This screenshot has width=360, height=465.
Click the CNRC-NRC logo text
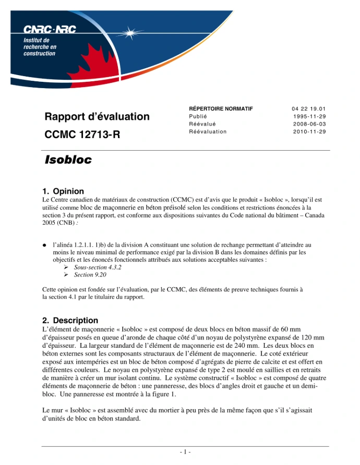[x=50, y=31]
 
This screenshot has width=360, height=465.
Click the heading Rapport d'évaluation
[x=97, y=117]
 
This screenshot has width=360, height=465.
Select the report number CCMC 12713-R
[x=82, y=135]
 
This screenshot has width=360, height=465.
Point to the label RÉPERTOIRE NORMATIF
[x=221, y=108]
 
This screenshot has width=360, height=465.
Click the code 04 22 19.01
[x=309, y=108]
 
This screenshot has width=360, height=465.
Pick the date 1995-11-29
[x=309, y=116]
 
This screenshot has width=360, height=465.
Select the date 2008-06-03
[x=309, y=124]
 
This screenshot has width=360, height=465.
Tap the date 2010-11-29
[x=309, y=132]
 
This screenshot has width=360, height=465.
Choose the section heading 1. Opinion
[x=63, y=191]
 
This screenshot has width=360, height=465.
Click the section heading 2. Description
[x=70, y=320]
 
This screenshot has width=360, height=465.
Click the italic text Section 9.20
[x=90, y=275]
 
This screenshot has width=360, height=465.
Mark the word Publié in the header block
[x=198, y=116]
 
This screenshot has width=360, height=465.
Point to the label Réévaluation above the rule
[x=208, y=132]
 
